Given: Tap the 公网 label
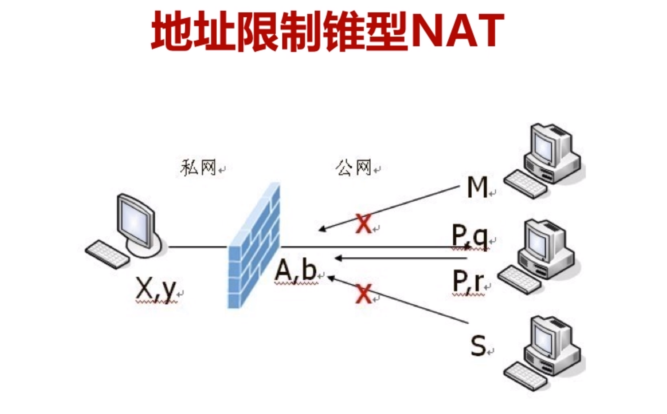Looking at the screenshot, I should tap(353, 168).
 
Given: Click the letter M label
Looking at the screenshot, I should tap(477, 187).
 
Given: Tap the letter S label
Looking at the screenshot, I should tap(478, 346).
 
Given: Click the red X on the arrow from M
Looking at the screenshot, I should tap(364, 224).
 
